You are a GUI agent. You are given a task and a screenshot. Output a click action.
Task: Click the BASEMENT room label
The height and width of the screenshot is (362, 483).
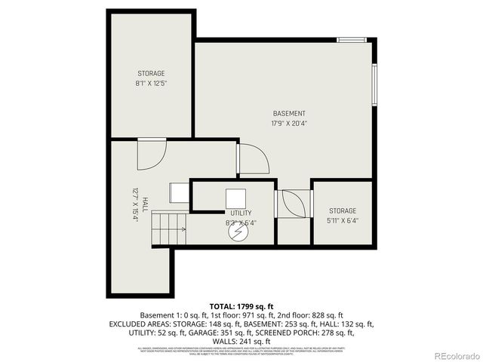pyautogui.click(x=289, y=113)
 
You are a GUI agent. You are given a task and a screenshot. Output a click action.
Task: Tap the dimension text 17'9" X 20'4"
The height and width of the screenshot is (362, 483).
pyautogui.click(x=289, y=123)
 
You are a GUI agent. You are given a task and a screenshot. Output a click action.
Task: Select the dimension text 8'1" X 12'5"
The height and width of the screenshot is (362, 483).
pyautogui.click(x=151, y=83)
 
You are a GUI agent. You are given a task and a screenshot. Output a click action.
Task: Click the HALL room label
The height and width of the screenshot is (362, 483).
pyautogui.click(x=142, y=203)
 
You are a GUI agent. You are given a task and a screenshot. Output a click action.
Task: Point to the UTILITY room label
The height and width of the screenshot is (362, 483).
pyautogui.click(x=241, y=213)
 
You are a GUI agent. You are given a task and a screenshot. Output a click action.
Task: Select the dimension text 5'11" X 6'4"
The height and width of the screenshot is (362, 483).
pyautogui.click(x=342, y=221)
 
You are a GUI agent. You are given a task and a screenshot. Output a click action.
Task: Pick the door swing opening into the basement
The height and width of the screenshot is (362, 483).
pyautogui.click(x=254, y=158)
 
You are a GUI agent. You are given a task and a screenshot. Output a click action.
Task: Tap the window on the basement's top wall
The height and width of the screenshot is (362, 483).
pyautogui.click(x=352, y=39)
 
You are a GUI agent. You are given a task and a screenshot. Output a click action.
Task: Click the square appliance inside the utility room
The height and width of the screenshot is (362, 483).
pyautogui.click(x=237, y=198)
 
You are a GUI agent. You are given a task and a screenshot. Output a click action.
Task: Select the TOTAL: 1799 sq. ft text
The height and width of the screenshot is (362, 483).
pyautogui.click(x=241, y=305)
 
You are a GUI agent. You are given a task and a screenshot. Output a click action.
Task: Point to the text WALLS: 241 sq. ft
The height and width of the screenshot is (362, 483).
pyautogui.click(x=241, y=340)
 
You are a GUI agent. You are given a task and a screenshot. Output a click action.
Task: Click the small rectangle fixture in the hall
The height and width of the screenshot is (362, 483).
pyautogui.click(x=180, y=192)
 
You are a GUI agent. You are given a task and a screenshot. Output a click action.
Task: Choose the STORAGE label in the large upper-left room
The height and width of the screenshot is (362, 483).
pyautogui.click(x=151, y=73)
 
